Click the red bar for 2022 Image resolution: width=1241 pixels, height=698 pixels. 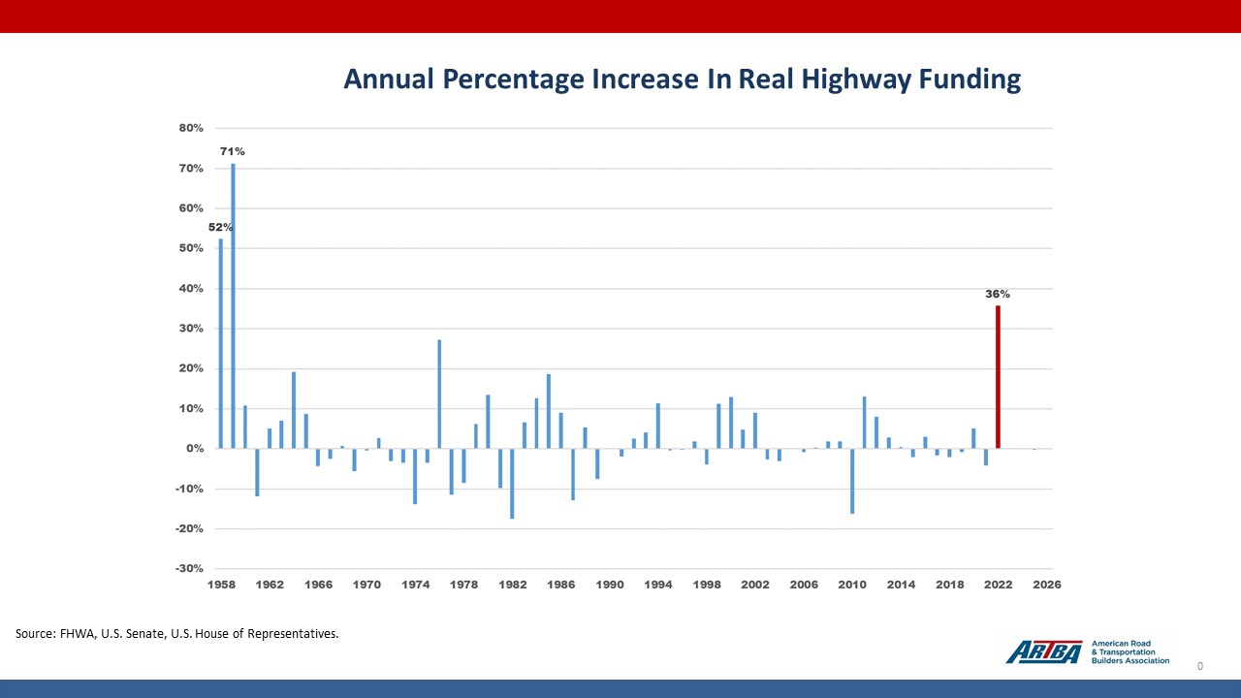coord(998,377)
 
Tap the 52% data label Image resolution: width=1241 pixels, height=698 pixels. coord(220,227)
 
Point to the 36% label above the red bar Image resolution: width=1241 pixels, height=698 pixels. coord(998,294)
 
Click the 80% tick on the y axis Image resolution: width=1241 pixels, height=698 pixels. coord(190,128)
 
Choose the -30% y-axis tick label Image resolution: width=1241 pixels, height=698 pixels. coord(189,569)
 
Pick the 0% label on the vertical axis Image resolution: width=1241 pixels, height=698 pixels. coord(194,449)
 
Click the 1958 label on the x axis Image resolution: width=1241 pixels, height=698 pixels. coord(221,585)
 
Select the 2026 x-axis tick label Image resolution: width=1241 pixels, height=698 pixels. coord(1046,585)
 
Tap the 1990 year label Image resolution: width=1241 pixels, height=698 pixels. coord(610,585)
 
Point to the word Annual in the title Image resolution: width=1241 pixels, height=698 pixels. coord(390,79)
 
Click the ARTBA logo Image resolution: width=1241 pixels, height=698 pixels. coord(1043,652)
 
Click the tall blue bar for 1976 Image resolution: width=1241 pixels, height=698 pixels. coord(439,395)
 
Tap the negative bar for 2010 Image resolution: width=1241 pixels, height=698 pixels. coord(851,481)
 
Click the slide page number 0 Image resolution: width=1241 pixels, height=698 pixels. coord(1200,666)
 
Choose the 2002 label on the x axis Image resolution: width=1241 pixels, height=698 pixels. coord(755,585)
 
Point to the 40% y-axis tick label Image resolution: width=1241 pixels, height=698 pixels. coord(190,289)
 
